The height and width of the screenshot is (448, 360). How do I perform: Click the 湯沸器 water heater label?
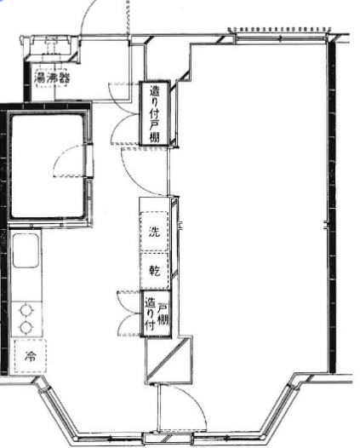(52, 78)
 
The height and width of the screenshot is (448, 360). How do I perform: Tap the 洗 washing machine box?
(154, 231)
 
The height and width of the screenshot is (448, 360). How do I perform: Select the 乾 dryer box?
(154, 271)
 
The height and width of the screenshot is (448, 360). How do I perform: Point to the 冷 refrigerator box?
(31, 356)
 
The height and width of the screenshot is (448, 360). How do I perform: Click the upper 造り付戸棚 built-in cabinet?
(154, 113)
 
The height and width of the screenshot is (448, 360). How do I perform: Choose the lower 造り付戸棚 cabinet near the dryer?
(157, 314)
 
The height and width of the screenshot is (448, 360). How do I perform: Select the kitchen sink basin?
(26, 250)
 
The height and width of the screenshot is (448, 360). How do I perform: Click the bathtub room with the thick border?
(47, 166)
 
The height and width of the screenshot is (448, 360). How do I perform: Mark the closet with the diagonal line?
(169, 360)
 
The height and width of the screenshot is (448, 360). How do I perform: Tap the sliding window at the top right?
(280, 38)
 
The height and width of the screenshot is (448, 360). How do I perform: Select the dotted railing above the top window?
(279, 29)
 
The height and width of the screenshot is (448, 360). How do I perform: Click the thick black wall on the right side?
(331, 206)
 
